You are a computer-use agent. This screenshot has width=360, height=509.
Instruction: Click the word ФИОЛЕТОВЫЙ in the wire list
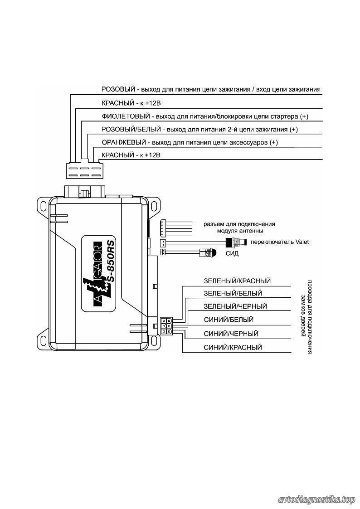126,116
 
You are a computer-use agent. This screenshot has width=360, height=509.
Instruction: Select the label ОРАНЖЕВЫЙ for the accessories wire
124,142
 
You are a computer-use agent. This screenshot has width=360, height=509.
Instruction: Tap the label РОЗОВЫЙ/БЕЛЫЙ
131,129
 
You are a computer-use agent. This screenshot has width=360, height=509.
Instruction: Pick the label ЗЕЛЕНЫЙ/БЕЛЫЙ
233,293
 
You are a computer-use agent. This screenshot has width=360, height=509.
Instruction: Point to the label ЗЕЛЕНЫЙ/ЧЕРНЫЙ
235,306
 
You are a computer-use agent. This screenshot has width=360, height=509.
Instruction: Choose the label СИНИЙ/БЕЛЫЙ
229,320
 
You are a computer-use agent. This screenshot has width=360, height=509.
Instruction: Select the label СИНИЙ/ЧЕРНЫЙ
231,334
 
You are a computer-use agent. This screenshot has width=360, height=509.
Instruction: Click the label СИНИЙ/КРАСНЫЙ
233,347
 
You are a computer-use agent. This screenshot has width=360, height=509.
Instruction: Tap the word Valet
302,242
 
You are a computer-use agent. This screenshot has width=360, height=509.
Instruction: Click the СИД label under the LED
232,253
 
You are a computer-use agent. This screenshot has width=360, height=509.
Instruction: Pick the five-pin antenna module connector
162,228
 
